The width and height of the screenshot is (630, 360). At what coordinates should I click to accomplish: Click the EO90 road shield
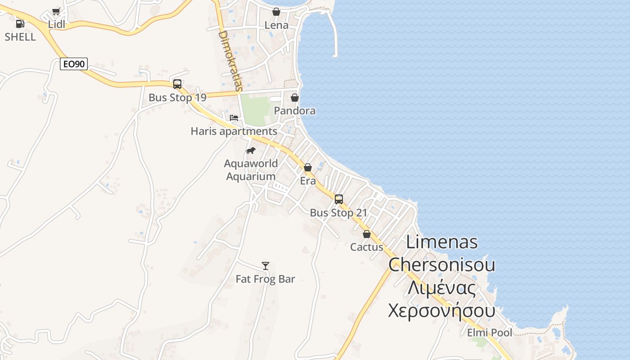click(x=74, y=64)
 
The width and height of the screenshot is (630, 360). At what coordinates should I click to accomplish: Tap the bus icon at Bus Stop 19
click(x=177, y=84)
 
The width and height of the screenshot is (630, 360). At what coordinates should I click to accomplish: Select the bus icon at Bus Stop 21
click(x=339, y=199)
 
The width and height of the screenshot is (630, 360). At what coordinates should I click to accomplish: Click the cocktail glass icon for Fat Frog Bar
click(x=265, y=266)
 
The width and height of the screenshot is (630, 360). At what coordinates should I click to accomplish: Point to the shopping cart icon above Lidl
click(x=56, y=12)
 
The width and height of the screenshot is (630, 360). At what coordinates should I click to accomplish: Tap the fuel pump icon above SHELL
click(x=20, y=23)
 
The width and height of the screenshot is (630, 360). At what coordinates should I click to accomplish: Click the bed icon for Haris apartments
click(x=234, y=118)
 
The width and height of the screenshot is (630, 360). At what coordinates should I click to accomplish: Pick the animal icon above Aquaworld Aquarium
click(x=251, y=150)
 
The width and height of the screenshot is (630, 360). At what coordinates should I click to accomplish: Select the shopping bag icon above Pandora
click(x=295, y=97)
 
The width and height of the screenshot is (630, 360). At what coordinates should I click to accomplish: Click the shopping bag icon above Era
click(x=308, y=167)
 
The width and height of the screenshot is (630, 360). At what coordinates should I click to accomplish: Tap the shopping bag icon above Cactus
click(x=367, y=234)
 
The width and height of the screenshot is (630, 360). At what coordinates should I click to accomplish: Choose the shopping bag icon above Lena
click(x=276, y=12)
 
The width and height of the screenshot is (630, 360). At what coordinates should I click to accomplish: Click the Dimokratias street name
click(x=230, y=60)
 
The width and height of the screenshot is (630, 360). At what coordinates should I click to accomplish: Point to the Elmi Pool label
click(x=490, y=333)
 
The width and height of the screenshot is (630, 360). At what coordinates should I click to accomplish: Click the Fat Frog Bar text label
click(x=265, y=279)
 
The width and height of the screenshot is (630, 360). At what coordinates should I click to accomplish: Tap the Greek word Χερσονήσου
click(x=441, y=310)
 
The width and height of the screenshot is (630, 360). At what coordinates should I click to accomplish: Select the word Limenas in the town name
click(x=441, y=242)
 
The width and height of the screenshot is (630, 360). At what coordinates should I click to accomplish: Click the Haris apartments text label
click(x=234, y=131)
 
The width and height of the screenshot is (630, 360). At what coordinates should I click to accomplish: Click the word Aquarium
click(x=251, y=176)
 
